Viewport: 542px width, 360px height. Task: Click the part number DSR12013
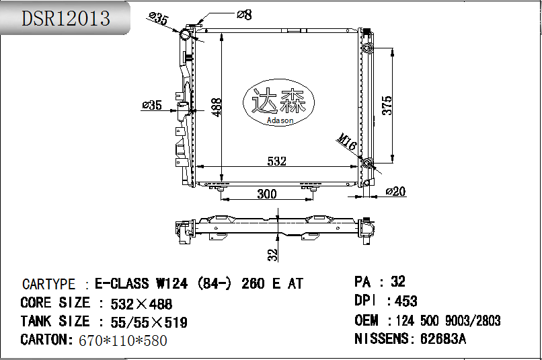click(x=66, y=18)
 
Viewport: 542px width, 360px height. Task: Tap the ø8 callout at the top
click(x=244, y=15)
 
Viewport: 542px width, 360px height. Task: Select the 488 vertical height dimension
click(x=217, y=107)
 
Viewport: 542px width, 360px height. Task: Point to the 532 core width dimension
click(x=277, y=161)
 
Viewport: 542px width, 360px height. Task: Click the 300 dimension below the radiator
click(x=267, y=194)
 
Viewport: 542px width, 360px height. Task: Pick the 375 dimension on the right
click(x=387, y=105)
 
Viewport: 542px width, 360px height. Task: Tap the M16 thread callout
click(x=347, y=141)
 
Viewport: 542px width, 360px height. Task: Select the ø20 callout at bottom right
click(x=395, y=191)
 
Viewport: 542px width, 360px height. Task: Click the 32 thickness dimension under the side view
click(x=273, y=255)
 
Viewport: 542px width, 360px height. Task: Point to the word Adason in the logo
click(x=280, y=120)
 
